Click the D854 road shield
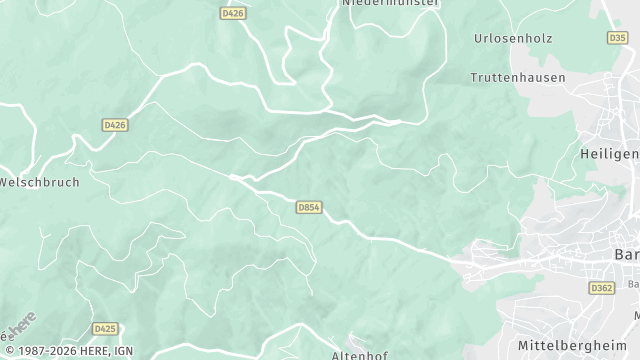(308, 207)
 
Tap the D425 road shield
(104, 328)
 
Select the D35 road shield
(617, 37)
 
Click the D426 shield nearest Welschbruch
(114, 125)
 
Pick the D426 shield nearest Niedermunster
(232, 13)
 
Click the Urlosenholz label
(512, 38)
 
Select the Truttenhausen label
(517, 77)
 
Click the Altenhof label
(359, 355)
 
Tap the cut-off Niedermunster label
(391, 4)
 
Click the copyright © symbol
(7, 352)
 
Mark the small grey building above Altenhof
(353, 337)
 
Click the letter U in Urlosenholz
(478, 38)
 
